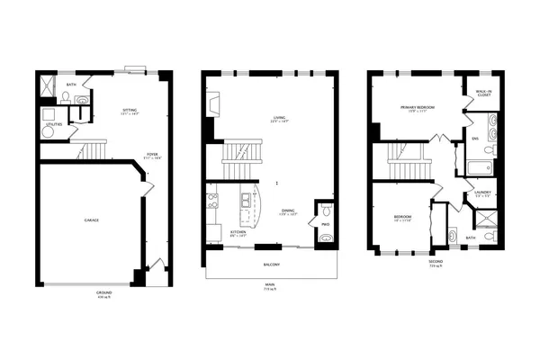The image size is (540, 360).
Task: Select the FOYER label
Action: point(139,155)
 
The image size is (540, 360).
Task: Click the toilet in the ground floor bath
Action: point(82,101)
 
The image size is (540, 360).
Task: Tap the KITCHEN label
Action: point(238,232)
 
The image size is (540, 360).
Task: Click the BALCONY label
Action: point(271,264)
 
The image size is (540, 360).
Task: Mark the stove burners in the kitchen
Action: point(213,202)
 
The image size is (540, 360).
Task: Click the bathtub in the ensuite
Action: point(478,167)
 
